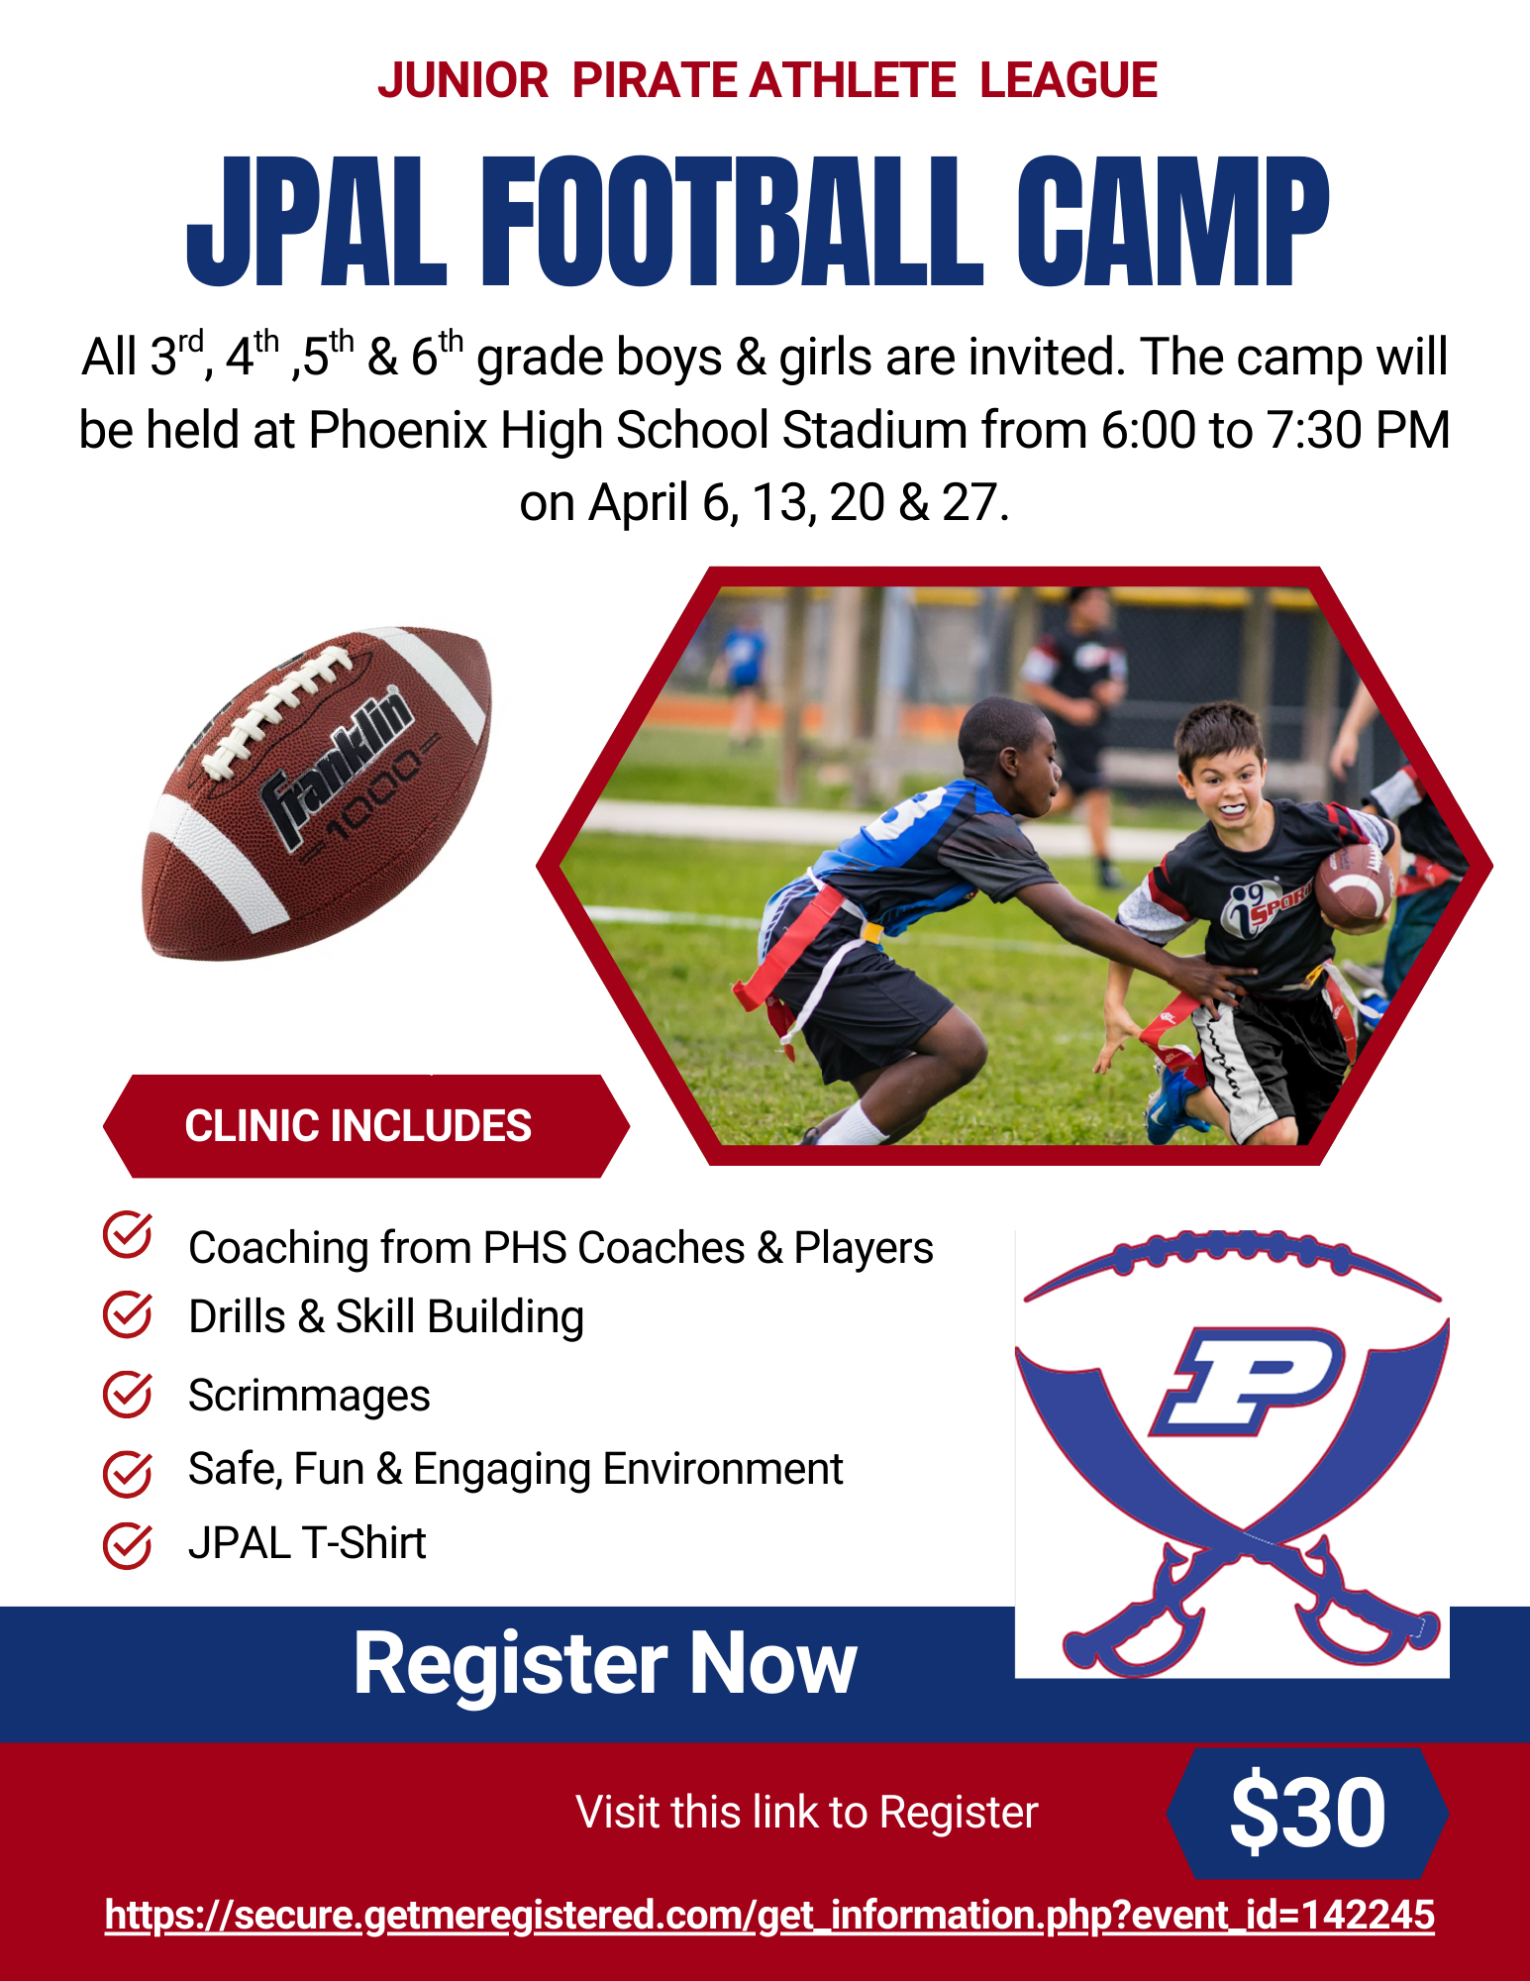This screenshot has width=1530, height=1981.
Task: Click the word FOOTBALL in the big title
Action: pos(732,222)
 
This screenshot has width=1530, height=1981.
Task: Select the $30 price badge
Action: pos(1307,1813)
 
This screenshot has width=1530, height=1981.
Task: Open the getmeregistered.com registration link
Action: pos(769,1915)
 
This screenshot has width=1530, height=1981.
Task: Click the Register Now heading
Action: pos(605,1665)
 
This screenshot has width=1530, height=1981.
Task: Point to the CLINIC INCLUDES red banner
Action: pos(365,1126)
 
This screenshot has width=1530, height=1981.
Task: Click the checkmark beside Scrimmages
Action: pos(128,1394)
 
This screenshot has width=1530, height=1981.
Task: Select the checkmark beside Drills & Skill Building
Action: pos(128,1314)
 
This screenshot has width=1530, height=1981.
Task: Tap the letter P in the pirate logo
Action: pos(1247,1381)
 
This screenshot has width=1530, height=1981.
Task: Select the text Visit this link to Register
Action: pos(807,1813)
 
